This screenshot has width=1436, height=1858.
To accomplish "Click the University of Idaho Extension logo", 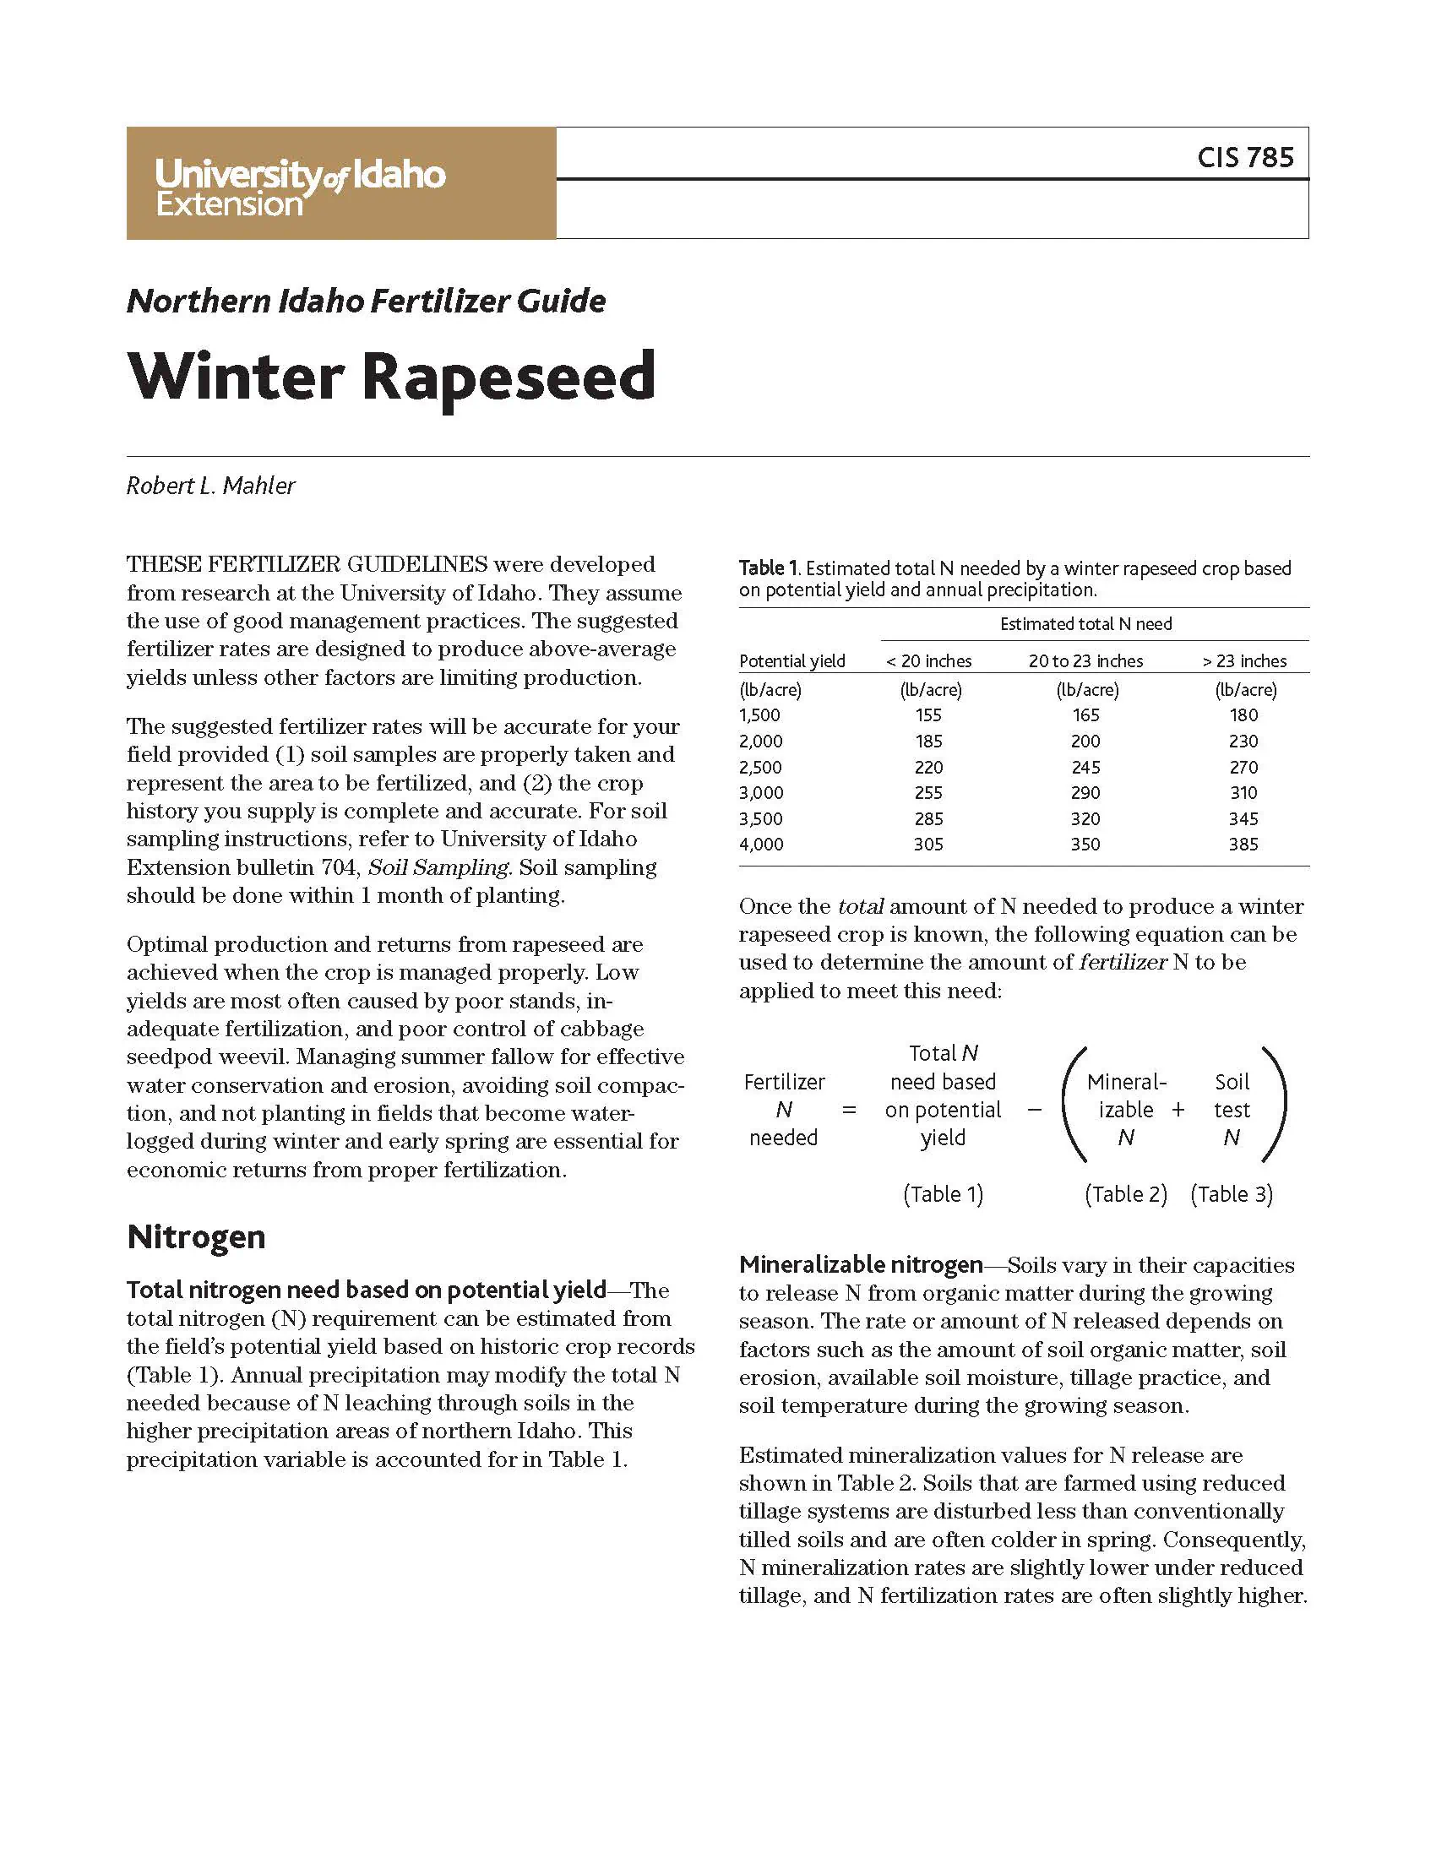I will coord(300,187).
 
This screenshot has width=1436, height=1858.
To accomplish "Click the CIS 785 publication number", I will coord(1244,157).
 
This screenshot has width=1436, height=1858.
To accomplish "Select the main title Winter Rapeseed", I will coord(391,376).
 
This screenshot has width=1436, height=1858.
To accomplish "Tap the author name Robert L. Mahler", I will coord(211,486).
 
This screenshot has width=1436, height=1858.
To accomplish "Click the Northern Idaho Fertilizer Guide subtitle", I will coord(366,302).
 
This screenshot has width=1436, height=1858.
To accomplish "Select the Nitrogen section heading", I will coord(196,1237).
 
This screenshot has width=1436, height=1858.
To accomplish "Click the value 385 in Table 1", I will coord(1243,845).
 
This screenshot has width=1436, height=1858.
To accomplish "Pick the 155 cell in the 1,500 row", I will coord(928,715).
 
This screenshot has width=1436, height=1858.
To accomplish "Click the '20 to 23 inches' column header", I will coord(1085,661).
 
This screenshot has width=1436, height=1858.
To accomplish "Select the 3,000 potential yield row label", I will coord(760,793).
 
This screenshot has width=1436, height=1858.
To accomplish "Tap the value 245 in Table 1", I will coord(1085,768).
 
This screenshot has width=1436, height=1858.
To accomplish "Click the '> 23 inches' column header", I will coord(1243,661).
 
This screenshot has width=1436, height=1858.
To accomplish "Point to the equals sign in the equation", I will coord(849,1111).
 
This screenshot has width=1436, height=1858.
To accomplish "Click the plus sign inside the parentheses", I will coord(1178,1111).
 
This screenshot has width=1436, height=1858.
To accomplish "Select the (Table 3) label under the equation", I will coord(1231,1194).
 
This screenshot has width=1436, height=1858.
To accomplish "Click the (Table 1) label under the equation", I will coord(943,1194).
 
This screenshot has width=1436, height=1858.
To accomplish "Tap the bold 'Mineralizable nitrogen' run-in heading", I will coord(860,1265).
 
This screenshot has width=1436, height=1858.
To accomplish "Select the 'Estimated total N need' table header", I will coord(1085,624).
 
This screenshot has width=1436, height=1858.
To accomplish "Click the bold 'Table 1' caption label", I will coord(767,568).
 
